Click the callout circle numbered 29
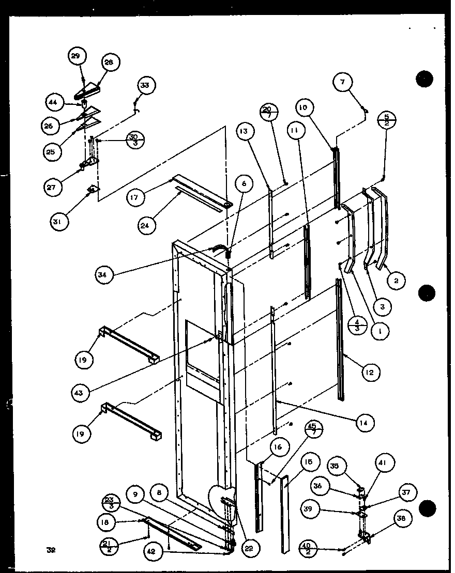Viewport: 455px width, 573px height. (x=76, y=56)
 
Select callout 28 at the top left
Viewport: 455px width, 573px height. (x=109, y=63)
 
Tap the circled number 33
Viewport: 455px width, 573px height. (x=144, y=86)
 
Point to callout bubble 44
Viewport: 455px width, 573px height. (x=53, y=102)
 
